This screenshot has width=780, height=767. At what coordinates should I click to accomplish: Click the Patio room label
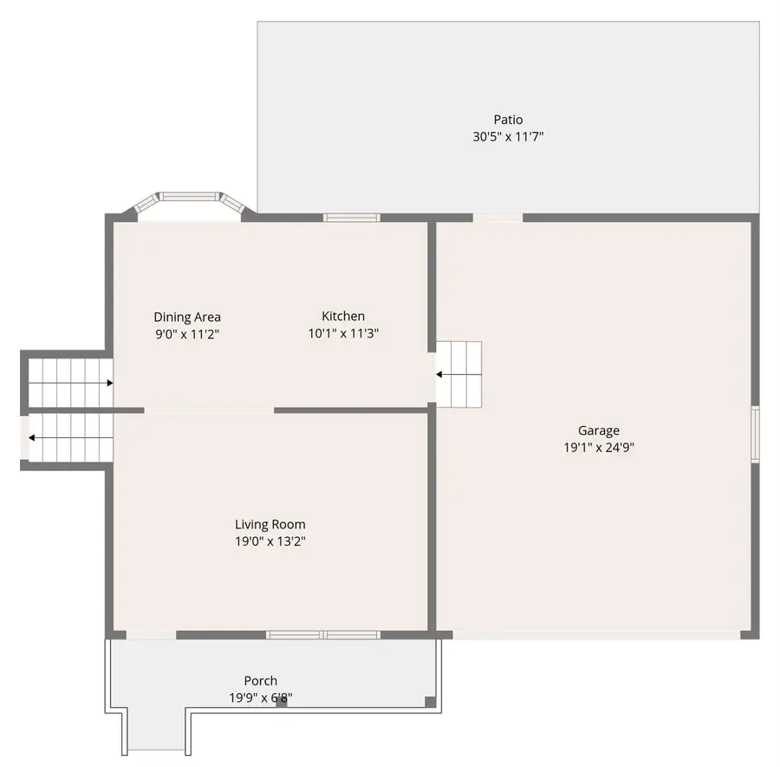coord(508,120)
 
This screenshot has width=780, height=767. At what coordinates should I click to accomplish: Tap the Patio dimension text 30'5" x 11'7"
coord(508,136)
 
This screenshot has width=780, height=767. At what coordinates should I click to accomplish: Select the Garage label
coord(599,430)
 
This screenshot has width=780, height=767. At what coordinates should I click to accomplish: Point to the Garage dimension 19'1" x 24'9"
coord(599,448)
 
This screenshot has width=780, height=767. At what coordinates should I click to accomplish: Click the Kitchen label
coord(343,316)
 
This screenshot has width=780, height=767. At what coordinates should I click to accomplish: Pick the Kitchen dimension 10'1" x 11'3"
coord(343,333)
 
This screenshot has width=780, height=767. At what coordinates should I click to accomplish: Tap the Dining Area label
coord(187,317)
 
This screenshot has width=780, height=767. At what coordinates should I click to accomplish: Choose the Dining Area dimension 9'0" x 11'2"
coord(187,334)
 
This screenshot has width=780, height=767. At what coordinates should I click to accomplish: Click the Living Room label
coord(270,524)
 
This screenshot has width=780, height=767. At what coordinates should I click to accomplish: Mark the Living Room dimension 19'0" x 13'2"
coord(270,541)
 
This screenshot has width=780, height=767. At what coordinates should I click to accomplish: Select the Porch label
coord(261,681)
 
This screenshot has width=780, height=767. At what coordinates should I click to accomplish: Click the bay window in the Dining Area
coord(189,198)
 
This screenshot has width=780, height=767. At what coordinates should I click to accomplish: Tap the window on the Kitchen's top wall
coord(352,217)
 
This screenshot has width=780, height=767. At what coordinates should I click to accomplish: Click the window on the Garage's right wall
coord(755,434)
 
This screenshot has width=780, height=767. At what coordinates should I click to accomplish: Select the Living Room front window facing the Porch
coord(322,635)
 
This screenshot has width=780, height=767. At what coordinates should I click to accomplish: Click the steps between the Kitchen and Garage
coord(458,374)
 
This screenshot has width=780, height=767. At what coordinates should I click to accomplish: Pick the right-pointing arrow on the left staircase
coord(109,383)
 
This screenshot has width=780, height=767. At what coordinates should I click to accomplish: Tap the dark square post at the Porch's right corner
coord(428,701)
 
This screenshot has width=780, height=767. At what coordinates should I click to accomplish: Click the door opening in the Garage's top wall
coord(497,217)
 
